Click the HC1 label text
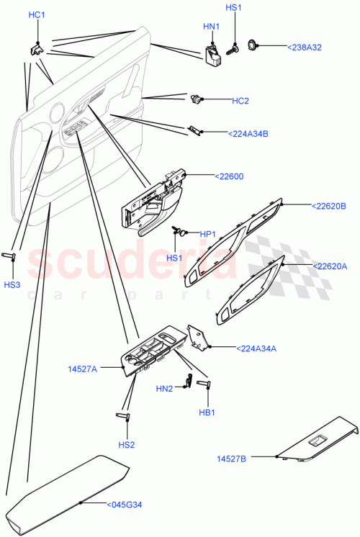(x=36, y=15)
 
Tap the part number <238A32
(x=305, y=47)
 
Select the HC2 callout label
(x=240, y=101)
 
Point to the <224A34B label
(x=248, y=133)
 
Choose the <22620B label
(x=329, y=206)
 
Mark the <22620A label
(x=329, y=266)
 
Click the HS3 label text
(x=13, y=285)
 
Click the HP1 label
(x=208, y=234)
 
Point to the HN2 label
(x=164, y=389)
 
